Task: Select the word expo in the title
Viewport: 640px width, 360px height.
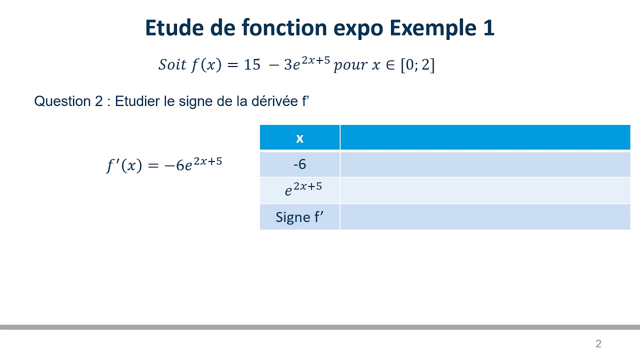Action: (x=359, y=28)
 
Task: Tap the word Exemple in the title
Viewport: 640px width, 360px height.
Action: (x=433, y=28)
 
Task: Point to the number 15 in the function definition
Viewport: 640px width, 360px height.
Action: (x=252, y=65)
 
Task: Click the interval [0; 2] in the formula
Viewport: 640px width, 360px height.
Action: (x=417, y=65)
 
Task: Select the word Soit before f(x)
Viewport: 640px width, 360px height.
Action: (x=172, y=65)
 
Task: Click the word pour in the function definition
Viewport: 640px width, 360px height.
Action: (x=350, y=65)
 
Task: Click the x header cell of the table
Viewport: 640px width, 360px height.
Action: (x=299, y=138)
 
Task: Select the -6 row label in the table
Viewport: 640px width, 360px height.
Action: (x=299, y=164)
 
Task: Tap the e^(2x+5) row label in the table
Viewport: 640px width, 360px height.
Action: (x=303, y=190)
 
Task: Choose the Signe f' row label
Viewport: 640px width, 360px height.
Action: (x=299, y=217)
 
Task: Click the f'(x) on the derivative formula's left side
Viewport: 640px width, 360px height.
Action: (x=124, y=165)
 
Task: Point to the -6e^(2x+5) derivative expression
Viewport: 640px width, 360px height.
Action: (x=193, y=164)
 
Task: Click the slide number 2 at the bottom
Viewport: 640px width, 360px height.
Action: (x=598, y=343)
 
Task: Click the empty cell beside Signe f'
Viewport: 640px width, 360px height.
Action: (x=484, y=217)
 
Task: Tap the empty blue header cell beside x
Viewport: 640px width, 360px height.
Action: (x=484, y=138)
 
